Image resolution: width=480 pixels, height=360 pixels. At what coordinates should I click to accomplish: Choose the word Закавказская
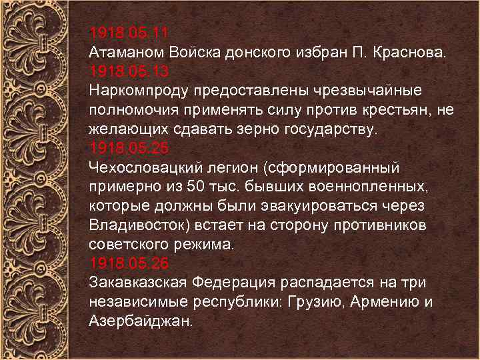click(137, 282)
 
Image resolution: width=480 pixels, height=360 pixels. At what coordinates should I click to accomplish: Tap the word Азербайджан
click(139, 321)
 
